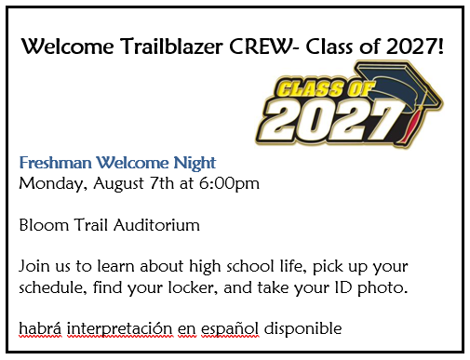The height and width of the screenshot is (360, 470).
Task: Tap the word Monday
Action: click(48, 183)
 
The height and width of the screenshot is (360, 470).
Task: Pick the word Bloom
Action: click(42, 225)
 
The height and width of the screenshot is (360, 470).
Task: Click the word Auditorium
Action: click(150, 225)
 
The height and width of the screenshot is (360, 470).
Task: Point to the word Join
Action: click(34, 267)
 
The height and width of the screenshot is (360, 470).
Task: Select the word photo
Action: click(383, 287)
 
